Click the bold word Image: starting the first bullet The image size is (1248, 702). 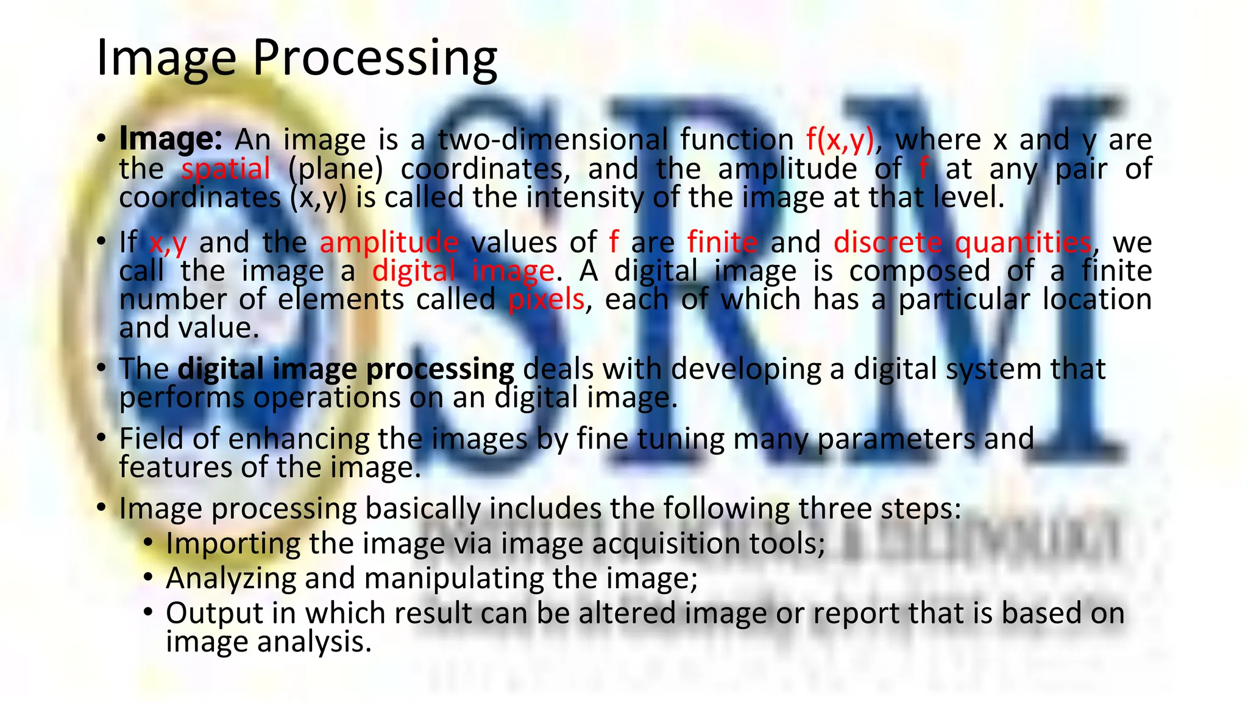coord(171,140)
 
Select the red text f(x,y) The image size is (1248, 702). coord(840,140)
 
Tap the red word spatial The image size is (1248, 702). coord(225,169)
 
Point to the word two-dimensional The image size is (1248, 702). coord(553,140)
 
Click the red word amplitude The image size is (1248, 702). coord(389,243)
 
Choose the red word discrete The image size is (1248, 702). coord(888,243)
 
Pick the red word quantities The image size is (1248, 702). coord(1023,243)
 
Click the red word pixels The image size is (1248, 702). coord(546,300)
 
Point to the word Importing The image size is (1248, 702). coord(233,544)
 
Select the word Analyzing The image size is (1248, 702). coord(231,578)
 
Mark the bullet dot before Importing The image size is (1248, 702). coord(148,541)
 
